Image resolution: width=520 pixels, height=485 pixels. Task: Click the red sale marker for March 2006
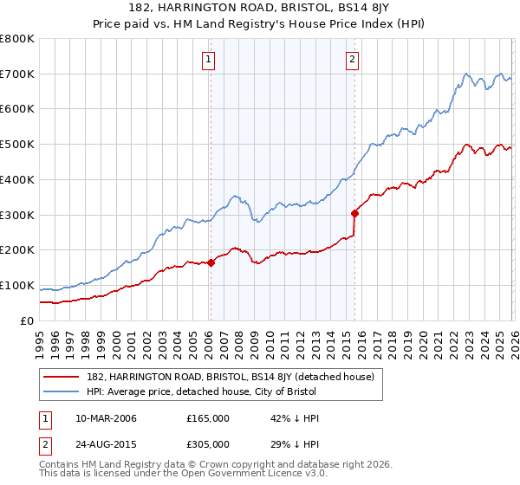211,262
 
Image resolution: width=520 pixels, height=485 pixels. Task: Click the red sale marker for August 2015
354,213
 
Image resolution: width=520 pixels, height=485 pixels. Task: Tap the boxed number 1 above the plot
210,60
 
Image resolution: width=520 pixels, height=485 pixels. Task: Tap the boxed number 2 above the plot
354,60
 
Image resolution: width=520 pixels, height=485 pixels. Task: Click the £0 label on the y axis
27,321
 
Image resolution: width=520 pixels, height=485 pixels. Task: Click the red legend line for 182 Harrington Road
62,377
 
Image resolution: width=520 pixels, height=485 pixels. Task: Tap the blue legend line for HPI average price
62,392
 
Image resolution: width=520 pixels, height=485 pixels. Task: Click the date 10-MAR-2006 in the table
107,418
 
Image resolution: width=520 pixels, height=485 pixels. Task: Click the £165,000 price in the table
208,418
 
